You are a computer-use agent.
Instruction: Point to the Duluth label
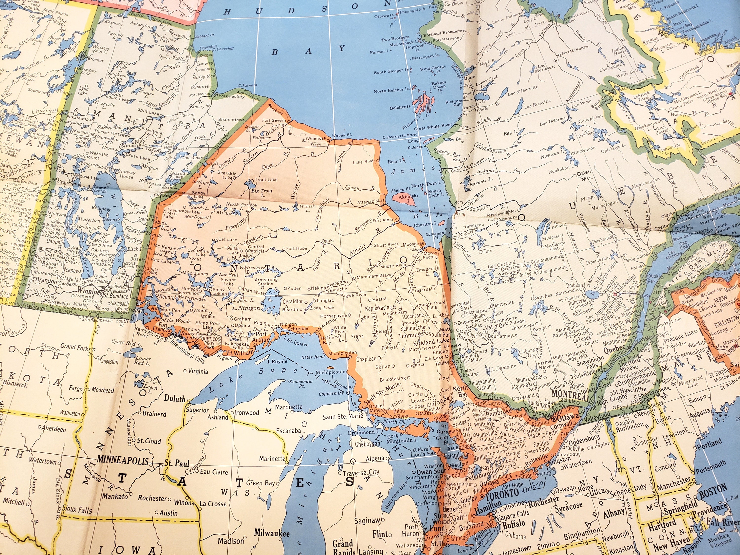[x=175, y=398]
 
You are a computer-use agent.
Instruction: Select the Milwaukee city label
[x=272, y=533]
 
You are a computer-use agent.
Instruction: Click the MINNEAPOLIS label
[x=122, y=461]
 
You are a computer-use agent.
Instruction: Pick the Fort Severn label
[x=274, y=120]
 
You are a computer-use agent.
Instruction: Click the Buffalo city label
[x=514, y=524]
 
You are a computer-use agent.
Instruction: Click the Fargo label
[x=76, y=389]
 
